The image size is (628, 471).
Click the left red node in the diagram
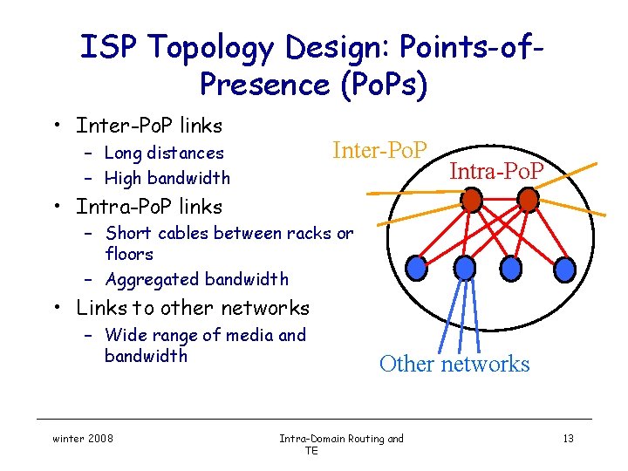click(471, 201)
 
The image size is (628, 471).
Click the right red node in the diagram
click(528, 201)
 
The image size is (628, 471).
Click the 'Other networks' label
click(454, 364)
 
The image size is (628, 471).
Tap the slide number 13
click(568, 439)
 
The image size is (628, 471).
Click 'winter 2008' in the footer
click(81, 439)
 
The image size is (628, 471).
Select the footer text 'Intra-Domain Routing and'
click(341, 439)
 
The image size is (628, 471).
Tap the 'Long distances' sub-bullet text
click(164, 154)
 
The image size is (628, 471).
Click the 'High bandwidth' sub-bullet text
click(167, 178)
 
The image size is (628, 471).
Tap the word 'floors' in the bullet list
click(129, 254)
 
